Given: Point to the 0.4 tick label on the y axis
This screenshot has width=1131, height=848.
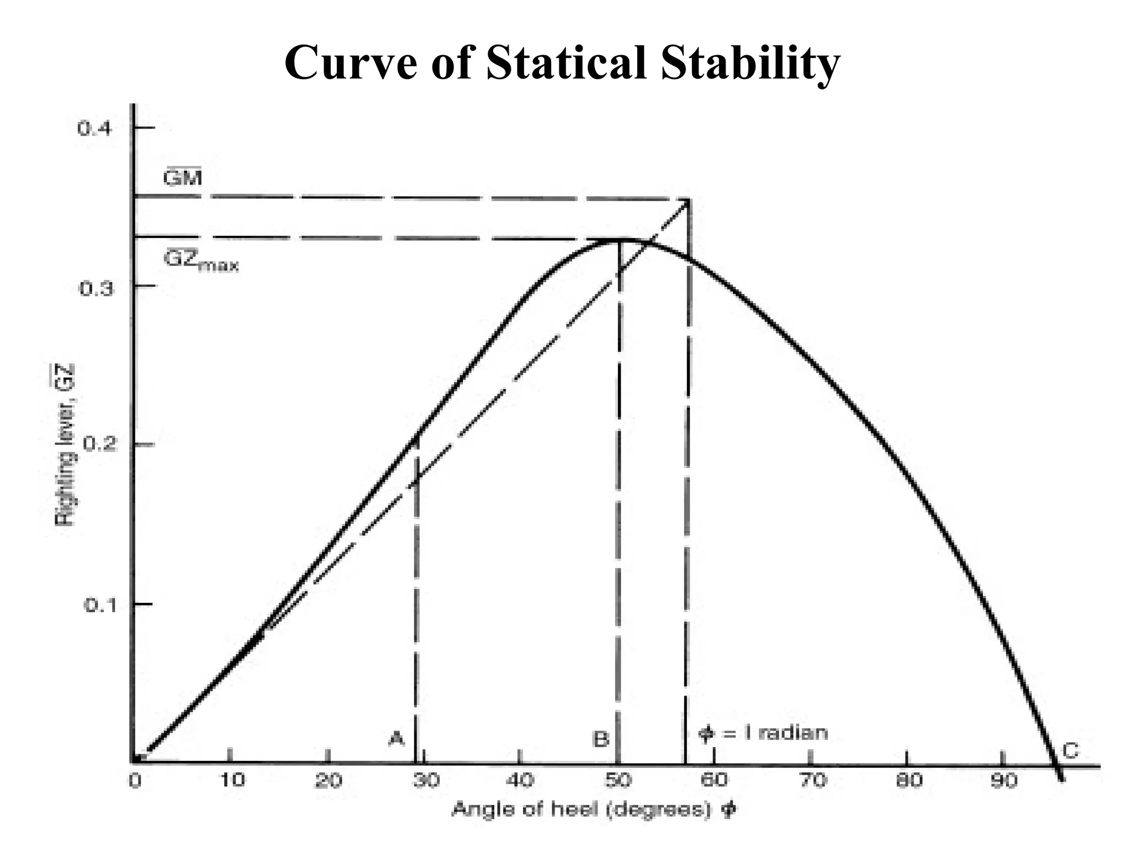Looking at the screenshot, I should click(x=95, y=129).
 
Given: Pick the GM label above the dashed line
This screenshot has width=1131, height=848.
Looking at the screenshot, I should click(x=183, y=178).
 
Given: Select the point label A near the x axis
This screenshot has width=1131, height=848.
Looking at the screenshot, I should click(x=397, y=738).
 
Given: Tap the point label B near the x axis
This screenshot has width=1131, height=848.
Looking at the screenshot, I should click(x=601, y=738).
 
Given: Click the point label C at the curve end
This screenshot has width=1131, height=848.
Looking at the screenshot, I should click(x=1070, y=751).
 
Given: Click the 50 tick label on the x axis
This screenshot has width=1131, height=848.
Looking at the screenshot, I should click(x=618, y=780).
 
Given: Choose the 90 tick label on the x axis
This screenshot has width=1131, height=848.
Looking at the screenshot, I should click(x=1003, y=780).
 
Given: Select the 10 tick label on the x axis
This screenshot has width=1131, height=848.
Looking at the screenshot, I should click(x=232, y=780).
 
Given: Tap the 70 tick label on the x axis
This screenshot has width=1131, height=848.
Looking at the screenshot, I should click(x=811, y=780).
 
